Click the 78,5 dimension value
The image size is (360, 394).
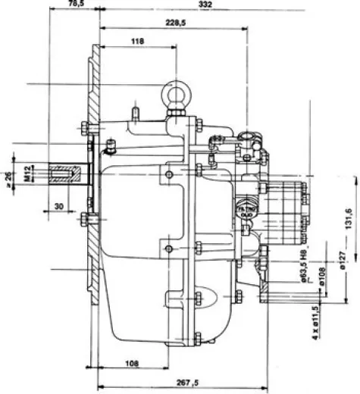click(x=74, y=5)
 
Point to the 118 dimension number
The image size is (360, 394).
click(x=137, y=39)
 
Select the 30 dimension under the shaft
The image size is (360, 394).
click(x=59, y=206)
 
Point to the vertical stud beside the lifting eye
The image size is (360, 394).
click(x=136, y=112)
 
